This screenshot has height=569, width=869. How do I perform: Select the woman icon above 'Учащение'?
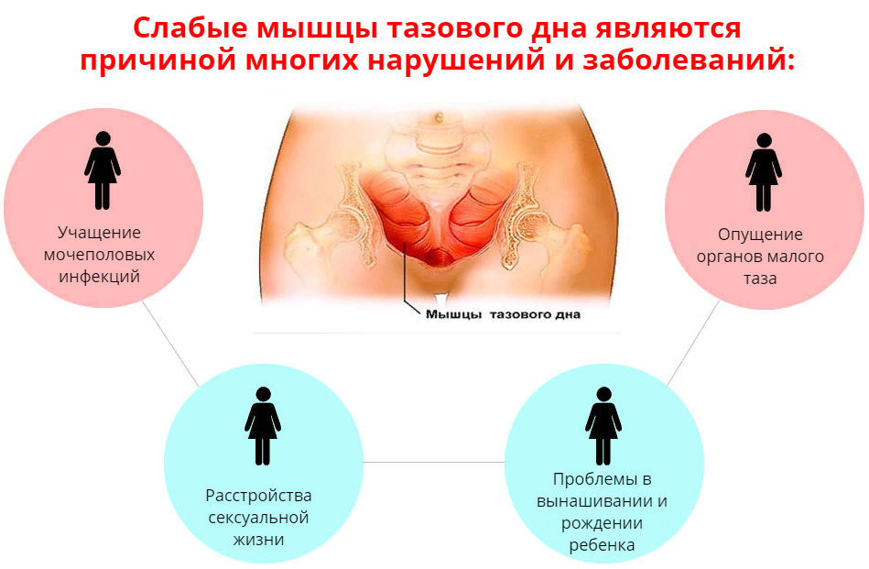point(103,170)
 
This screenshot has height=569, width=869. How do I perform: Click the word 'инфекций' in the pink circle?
point(100,276)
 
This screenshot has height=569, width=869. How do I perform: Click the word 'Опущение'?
point(760,235)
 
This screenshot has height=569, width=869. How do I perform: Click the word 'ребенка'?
point(602,545)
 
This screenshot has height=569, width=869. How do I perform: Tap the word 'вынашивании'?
point(602,501)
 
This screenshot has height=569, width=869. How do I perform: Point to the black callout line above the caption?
point(404,279)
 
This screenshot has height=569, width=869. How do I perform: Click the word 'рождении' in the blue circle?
point(602,523)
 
